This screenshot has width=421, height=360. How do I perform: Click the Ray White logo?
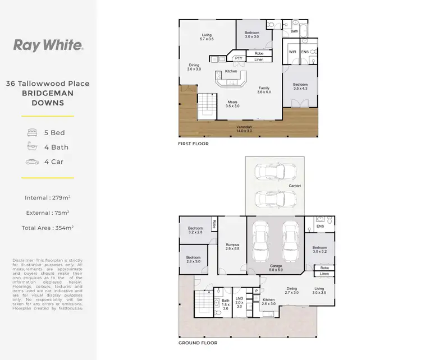[x=48, y=45]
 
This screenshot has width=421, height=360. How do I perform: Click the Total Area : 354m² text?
[x=48, y=228]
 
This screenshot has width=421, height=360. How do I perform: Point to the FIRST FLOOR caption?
[x=193, y=144]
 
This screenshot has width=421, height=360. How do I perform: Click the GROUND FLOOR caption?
[x=198, y=343]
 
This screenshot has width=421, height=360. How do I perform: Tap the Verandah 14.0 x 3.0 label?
[x=244, y=128]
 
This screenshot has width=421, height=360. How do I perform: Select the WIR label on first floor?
[x=292, y=52]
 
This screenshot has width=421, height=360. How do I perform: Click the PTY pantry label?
[x=239, y=58]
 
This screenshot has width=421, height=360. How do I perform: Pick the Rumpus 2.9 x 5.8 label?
[x=232, y=246]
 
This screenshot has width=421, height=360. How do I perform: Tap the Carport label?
[x=295, y=186]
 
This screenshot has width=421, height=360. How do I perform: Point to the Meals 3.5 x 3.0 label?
[x=232, y=104]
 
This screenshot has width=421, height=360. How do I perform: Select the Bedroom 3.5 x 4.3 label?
[x=301, y=87]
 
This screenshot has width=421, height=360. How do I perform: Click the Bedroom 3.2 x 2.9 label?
[x=195, y=230]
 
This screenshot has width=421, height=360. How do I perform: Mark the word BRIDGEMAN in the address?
[x=48, y=94]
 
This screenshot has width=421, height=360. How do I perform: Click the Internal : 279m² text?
[x=48, y=197]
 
